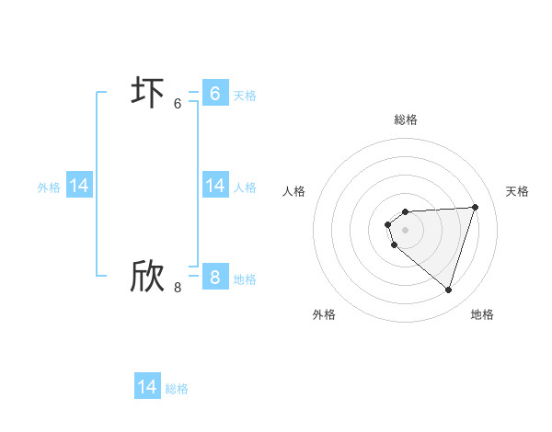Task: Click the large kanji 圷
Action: click(147, 93)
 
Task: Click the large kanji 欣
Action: click(147, 277)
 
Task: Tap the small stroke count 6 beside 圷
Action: click(178, 104)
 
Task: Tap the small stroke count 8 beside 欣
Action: click(178, 288)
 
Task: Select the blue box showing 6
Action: click(214, 93)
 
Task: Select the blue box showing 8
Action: click(214, 277)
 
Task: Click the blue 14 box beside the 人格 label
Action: click(214, 186)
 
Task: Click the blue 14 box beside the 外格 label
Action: click(79, 186)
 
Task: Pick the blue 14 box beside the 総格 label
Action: click(147, 387)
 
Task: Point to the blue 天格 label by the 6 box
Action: click(245, 95)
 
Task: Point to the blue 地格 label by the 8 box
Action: click(245, 279)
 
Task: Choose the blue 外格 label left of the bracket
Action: click(49, 188)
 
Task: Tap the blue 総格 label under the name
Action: click(177, 389)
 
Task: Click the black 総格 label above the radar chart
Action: click(406, 119)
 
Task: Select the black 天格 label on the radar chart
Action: click(518, 191)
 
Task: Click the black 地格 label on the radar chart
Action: click(482, 314)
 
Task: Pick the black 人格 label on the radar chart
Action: click(294, 191)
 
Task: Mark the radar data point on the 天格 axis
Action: click(476, 207)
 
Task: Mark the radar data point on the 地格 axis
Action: click(448, 290)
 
